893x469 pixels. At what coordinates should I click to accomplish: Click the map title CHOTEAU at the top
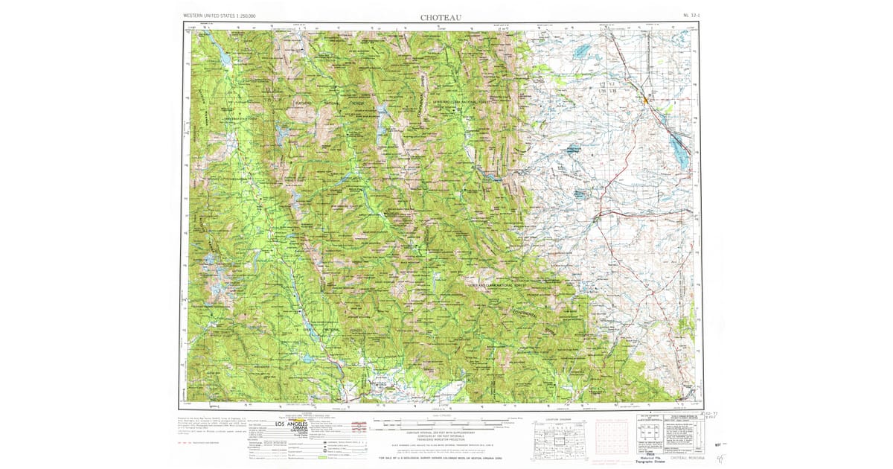(441, 16)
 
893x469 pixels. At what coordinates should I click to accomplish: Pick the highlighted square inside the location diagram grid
(557, 441)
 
